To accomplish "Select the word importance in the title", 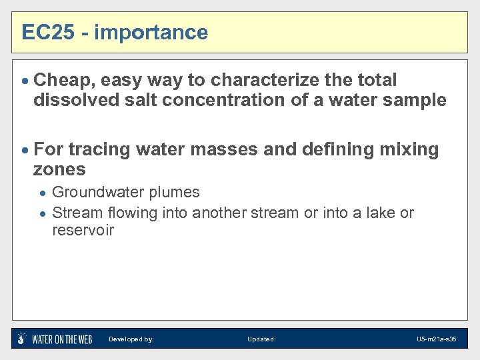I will pyautogui.click(x=151, y=33).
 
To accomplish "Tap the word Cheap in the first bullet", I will pyautogui.click(x=64, y=81).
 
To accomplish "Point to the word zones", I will pyautogui.click(x=59, y=169).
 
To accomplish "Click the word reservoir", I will pyautogui.click(x=83, y=231).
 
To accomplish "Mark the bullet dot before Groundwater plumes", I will pyautogui.click(x=43, y=193).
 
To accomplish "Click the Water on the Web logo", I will pyautogui.click(x=55, y=339).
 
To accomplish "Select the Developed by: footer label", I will pyautogui.click(x=131, y=339).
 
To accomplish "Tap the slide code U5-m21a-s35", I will pyautogui.click(x=436, y=339).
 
